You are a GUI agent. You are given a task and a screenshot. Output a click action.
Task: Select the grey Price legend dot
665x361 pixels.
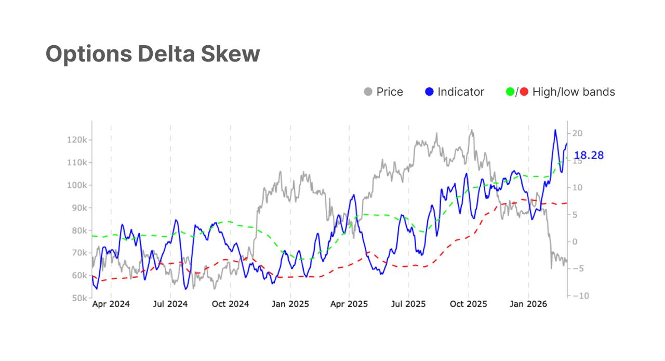[368, 92]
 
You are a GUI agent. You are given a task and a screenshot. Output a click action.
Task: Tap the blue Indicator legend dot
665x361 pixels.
[429, 92]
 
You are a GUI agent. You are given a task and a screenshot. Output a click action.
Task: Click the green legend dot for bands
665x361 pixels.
[510, 92]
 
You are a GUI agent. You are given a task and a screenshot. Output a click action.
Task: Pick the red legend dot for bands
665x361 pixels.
[524, 92]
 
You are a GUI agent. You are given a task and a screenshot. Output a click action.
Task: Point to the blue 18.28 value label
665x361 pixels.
[589, 156]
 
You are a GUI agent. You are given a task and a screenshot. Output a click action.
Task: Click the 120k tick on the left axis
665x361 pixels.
[77, 140]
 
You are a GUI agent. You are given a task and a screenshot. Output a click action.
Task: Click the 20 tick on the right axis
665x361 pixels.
[578, 134]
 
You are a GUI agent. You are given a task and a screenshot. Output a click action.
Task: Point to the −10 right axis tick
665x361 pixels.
[578, 295]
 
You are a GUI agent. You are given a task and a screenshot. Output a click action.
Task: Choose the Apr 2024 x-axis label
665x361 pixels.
[111, 304]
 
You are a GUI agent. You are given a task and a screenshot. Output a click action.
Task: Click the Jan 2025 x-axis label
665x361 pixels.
[290, 304]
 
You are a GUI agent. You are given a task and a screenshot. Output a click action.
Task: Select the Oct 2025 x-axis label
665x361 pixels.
[468, 304]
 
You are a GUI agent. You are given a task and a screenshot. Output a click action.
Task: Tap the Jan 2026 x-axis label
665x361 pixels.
[528, 304]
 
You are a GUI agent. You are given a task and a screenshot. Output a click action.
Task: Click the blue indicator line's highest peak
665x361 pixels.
[555, 130]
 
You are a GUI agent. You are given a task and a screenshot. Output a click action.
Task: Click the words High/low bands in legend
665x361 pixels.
[574, 92]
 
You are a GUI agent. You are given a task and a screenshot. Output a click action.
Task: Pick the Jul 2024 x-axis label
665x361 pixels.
[170, 304]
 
